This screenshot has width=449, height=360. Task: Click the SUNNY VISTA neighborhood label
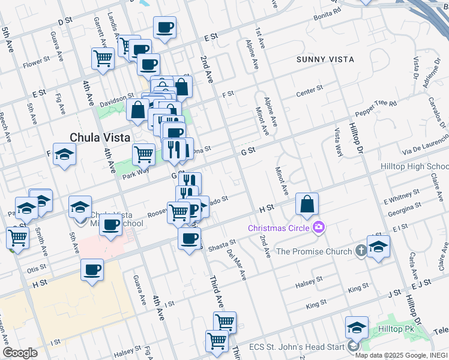point(325,59)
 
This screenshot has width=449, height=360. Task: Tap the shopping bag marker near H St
point(307,204)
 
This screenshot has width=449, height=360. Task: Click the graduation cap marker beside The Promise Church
point(378,247)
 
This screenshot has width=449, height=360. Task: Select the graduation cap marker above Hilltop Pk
point(357,328)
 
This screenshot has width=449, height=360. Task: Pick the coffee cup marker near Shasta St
point(190,238)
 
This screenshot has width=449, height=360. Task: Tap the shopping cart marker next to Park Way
point(143,154)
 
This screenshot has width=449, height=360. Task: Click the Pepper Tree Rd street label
point(376,108)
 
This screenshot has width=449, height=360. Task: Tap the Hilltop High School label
point(414,166)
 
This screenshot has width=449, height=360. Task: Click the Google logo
point(19,353)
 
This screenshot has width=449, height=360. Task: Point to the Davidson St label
point(117,97)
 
